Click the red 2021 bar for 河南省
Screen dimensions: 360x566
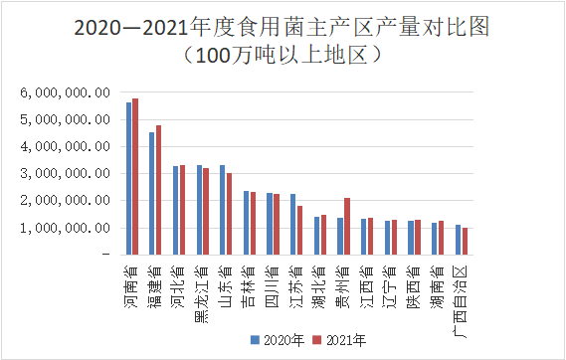[135, 176]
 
